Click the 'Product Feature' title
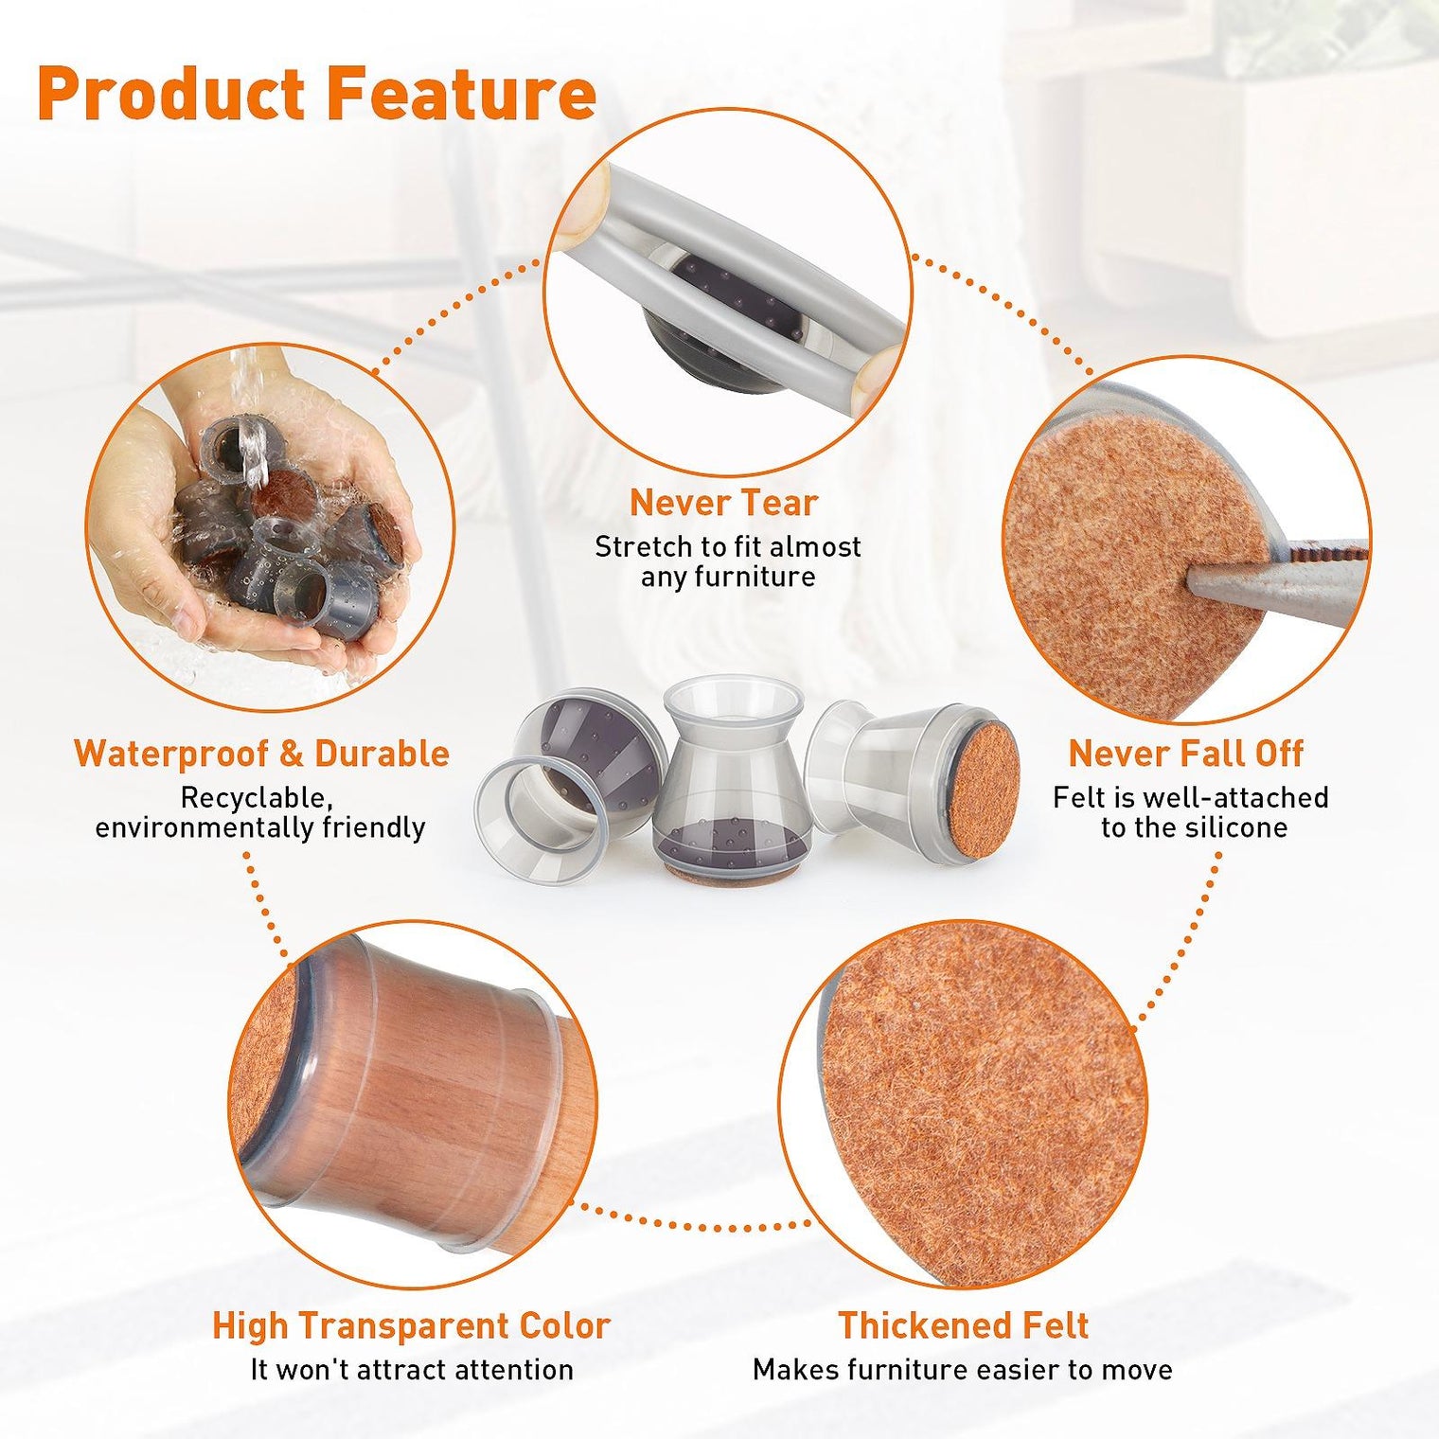316,95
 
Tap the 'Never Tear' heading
723,503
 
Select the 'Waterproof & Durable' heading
261,754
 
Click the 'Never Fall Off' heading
1185,754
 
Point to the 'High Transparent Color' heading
411,1325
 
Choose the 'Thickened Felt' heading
963,1325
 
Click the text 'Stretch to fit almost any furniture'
727,561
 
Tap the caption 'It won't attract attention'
412,1370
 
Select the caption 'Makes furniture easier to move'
963,1370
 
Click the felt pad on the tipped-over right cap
983,791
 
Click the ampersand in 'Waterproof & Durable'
292,755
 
